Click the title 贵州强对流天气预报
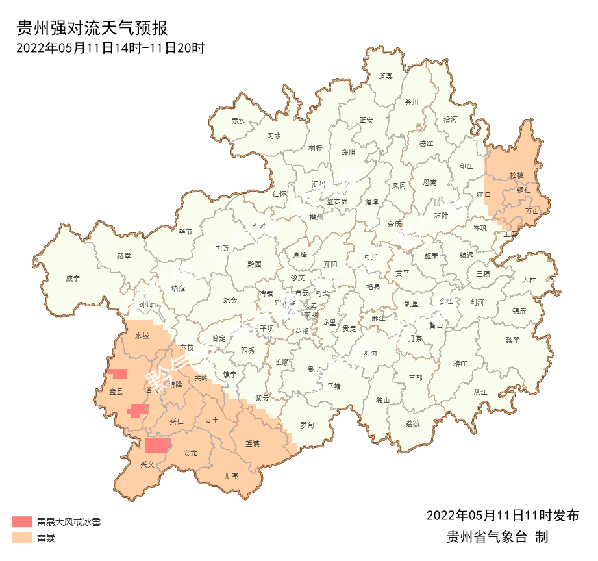tap(92, 29)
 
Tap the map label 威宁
tap(73, 279)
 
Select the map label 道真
tap(386, 76)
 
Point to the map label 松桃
tap(516, 175)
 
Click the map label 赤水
tap(238, 121)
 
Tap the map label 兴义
tap(147, 465)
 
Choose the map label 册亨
tap(232, 476)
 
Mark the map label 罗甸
tap(306, 425)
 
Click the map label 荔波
tap(412, 423)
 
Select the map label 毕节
tap(186, 232)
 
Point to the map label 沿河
tap(450, 119)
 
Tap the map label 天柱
tap(529, 279)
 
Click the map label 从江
tap(480, 392)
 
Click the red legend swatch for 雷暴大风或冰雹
tap(22, 521)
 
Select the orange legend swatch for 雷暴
tap(22, 538)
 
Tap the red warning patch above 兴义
tap(157, 445)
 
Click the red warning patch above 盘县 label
tap(118, 374)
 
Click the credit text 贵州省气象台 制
tap(497, 538)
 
